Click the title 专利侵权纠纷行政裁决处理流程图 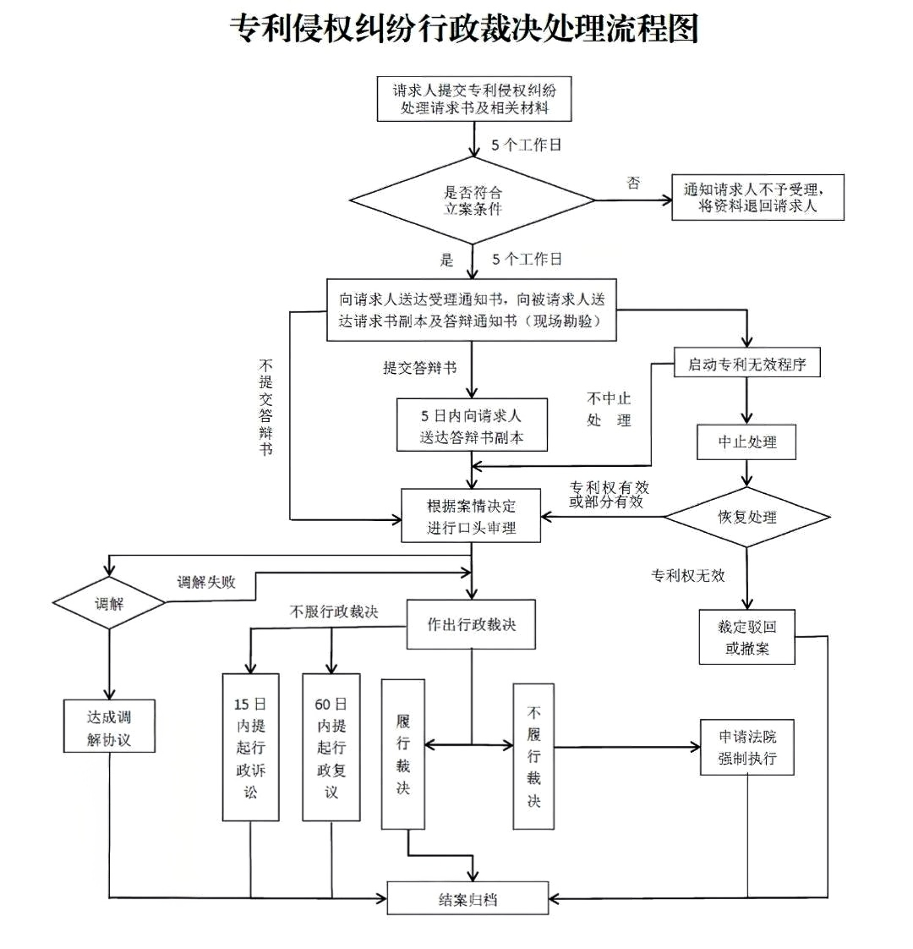[464, 29]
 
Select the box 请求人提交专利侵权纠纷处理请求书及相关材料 [474, 99]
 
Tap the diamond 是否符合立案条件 [473, 200]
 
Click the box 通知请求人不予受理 [757, 198]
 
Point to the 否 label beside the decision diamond [633, 183]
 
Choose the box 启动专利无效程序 [746, 364]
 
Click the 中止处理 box [746, 442]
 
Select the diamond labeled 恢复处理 [746, 517]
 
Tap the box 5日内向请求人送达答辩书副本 [472, 426]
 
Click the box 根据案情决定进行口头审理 [471, 517]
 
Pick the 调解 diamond [109, 604]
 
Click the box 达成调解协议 [109, 727]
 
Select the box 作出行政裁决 [471, 625]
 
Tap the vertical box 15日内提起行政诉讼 [250, 747]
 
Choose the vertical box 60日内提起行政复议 [331, 747]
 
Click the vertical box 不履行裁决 [533, 756]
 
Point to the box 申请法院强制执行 [747, 748]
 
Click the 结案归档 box [467, 898]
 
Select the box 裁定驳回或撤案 [747, 638]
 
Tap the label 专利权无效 [687, 575]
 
